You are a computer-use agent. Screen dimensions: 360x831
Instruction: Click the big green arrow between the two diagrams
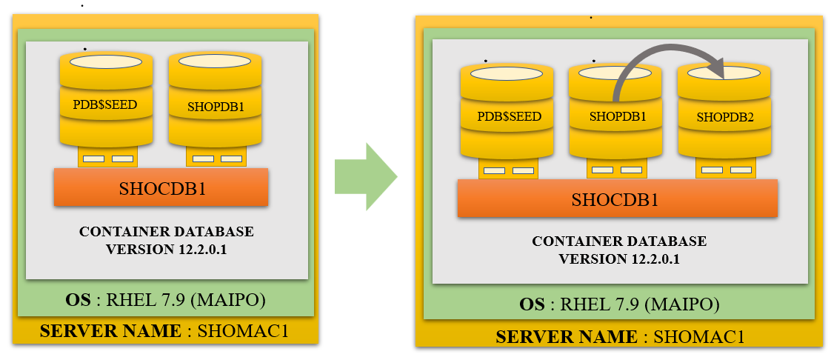(x=363, y=177)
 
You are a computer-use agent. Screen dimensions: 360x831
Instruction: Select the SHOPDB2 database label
(x=725, y=117)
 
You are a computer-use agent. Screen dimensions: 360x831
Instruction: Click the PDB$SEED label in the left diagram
(x=105, y=104)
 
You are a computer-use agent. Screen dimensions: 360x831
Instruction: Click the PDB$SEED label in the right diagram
(x=509, y=117)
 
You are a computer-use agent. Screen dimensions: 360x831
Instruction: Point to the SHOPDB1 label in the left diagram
(x=216, y=106)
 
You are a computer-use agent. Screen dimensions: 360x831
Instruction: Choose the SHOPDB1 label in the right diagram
(x=618, y=117)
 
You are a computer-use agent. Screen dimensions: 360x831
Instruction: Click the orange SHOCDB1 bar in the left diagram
(x=161, y=187)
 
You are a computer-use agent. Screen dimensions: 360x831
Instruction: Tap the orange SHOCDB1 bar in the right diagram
(x=617, y=199)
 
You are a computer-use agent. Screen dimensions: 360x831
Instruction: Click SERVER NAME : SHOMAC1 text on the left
(x=164, y=331)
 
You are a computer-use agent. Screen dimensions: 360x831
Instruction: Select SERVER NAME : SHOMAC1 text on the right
(x=620, y=337)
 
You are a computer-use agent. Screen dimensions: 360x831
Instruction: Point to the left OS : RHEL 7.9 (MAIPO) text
(x=164, y=301)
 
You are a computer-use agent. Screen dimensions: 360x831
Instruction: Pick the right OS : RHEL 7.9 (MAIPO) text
(x=620, y=305)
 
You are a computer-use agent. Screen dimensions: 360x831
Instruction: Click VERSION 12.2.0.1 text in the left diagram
(x=166, y=250)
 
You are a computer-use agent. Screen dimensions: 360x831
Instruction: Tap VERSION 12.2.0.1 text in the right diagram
(x=619, y=259)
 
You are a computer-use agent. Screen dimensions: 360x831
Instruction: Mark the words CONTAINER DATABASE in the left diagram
(x=166, y=232)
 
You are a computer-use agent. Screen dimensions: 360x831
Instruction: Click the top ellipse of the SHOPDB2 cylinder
(x=724, y=74)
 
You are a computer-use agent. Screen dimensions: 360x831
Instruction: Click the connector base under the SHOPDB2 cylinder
(x=726, y=170)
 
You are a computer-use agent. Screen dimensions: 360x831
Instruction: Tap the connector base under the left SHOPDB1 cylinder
(x=216, y=158)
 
